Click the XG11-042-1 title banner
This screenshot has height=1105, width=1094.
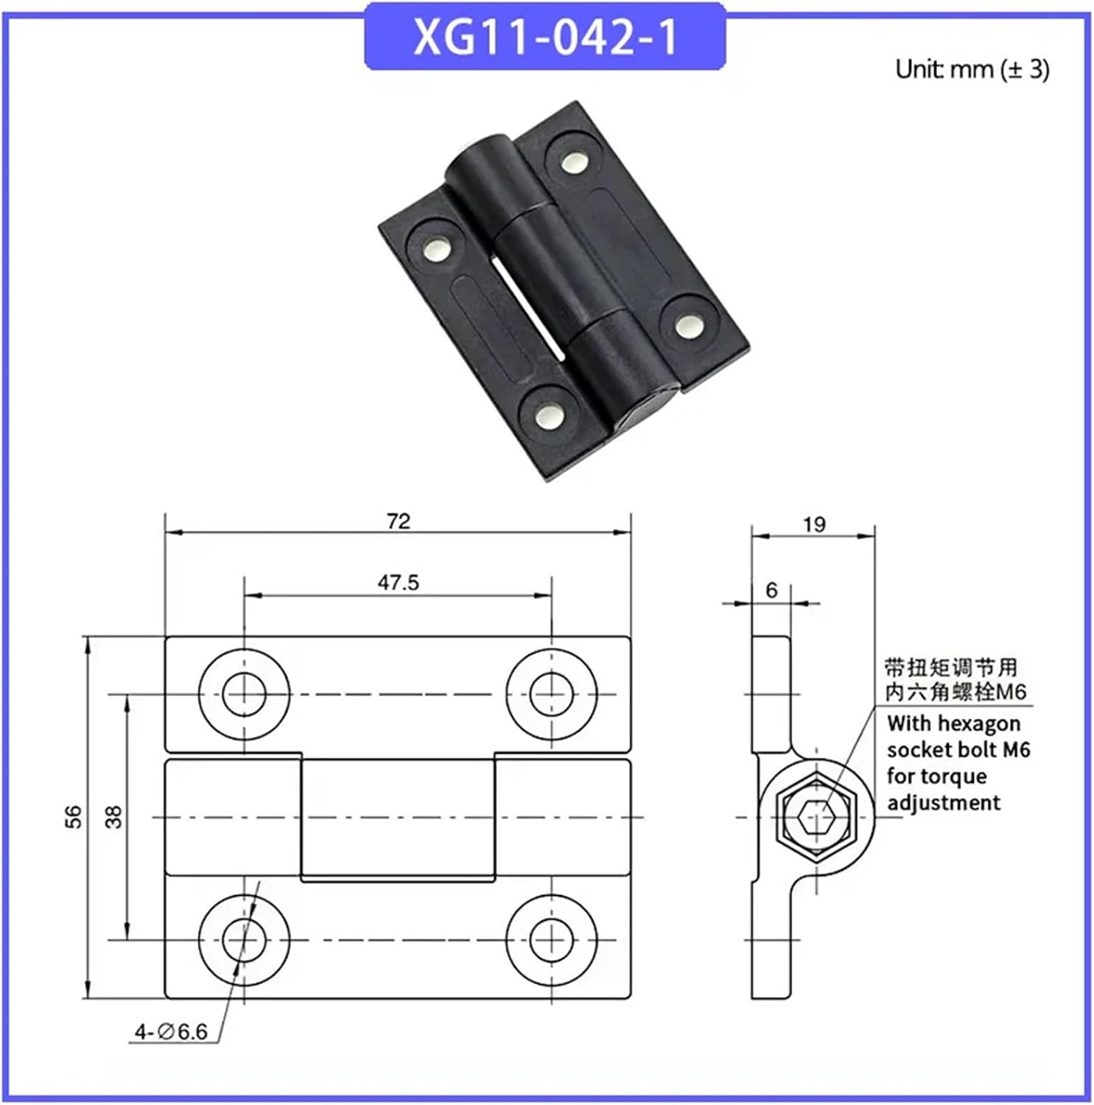545,37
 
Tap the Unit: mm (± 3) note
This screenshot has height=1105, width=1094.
972,69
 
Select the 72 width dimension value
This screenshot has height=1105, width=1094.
398,522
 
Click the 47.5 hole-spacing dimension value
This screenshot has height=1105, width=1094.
398,583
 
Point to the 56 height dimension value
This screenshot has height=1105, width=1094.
74,817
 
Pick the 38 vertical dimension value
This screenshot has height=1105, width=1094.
113,817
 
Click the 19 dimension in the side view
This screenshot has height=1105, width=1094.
813,525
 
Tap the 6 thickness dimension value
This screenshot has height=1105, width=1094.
771,590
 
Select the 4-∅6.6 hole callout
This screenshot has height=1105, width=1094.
171,1032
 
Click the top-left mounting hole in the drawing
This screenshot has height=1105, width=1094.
245,694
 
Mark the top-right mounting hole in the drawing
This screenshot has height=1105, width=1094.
552,694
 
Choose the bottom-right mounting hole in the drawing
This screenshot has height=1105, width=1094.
552,940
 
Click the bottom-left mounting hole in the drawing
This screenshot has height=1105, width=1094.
245,940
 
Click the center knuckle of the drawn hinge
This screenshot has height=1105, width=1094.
398,818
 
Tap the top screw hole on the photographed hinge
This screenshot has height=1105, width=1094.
574,161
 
